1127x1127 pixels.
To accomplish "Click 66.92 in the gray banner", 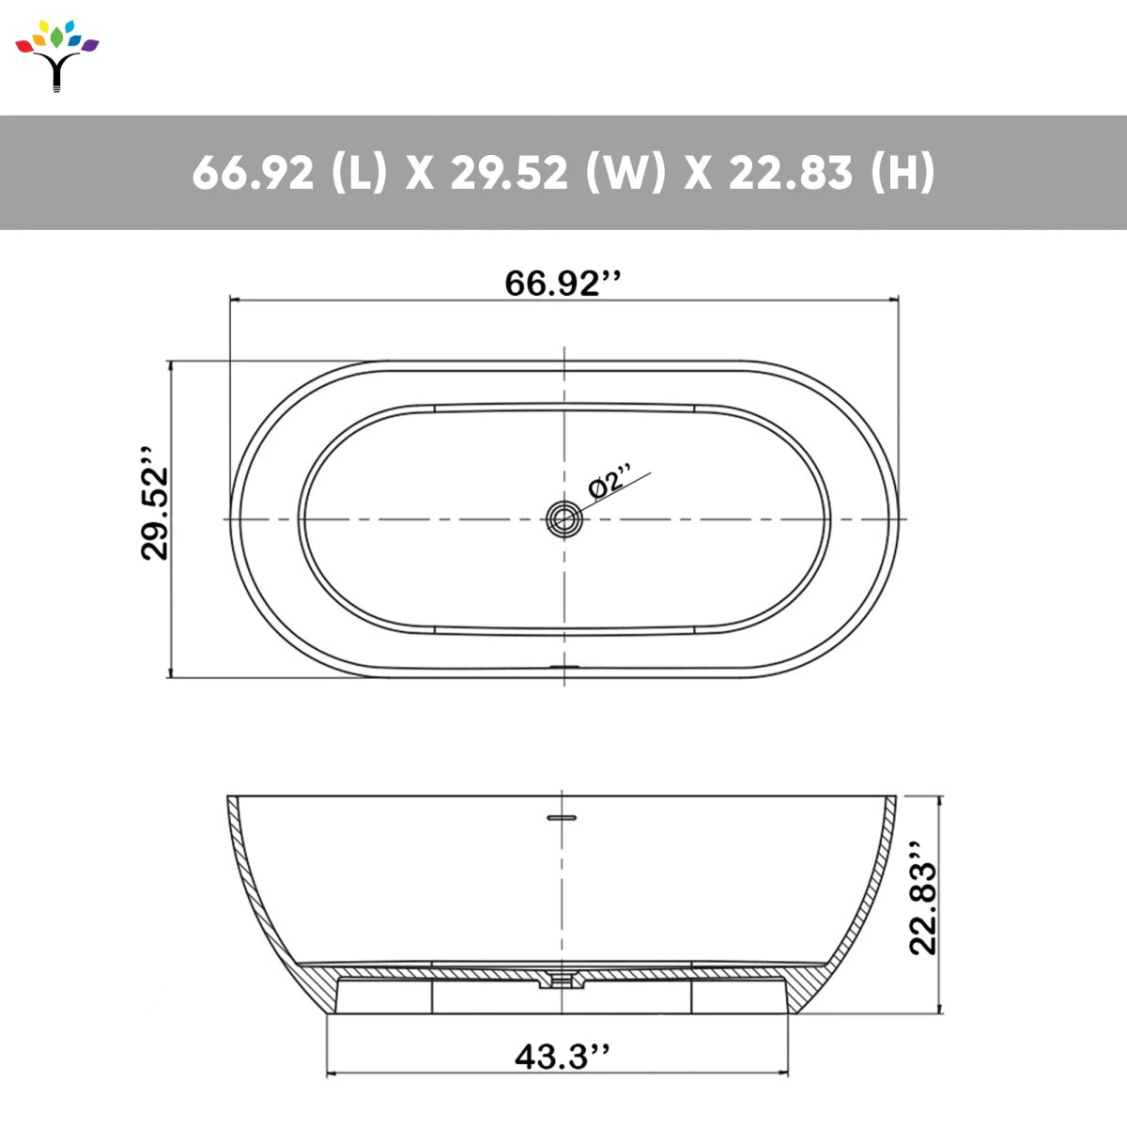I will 253,173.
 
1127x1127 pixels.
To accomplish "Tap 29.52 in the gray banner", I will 508,173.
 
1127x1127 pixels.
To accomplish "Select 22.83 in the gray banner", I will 791,173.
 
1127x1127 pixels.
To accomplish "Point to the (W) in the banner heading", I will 625,173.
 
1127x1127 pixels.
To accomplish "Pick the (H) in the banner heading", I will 903,173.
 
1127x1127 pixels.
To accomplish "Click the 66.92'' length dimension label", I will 563,283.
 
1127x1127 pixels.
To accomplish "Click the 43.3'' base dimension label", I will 562,1057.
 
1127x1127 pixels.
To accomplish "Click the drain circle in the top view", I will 563,518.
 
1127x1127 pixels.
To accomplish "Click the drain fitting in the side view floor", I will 561,980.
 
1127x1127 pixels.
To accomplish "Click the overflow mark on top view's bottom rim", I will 564,668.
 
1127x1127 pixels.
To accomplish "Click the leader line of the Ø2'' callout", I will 620,489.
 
